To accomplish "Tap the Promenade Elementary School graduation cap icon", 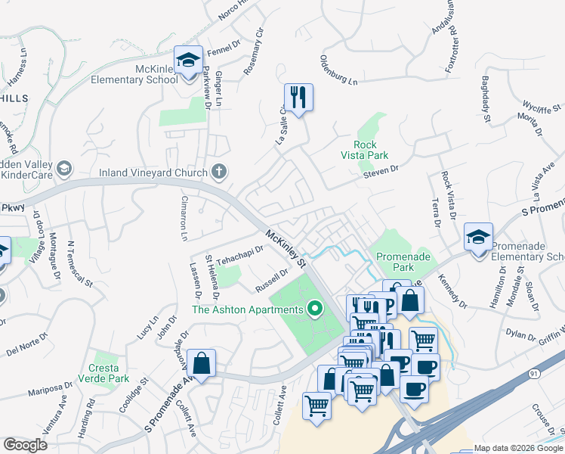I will [x=479, y=237].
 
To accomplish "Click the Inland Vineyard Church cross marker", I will [x=219, y=172].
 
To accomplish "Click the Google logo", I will [x=25, y=445].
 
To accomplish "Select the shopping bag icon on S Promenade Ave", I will [x=202, y=362].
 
